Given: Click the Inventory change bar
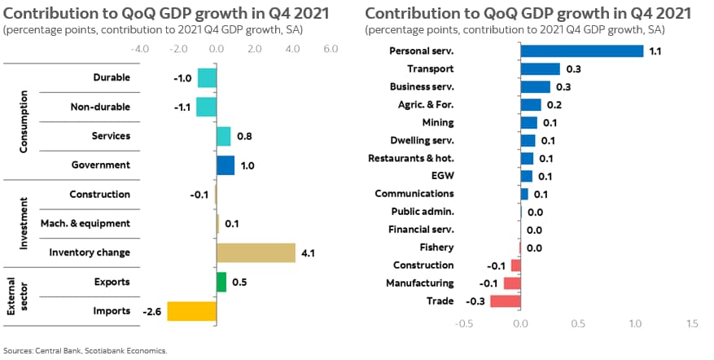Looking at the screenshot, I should point(256,252).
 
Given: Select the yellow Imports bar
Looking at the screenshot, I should point(191,310).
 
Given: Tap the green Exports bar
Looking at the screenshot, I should point(221,282).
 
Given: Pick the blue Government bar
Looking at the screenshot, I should point(226,165).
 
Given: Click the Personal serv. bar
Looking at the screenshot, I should point(581,51).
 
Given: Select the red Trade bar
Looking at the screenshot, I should point(505,301).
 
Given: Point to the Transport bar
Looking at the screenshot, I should point(540,69).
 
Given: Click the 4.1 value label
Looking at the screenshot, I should point(308,253).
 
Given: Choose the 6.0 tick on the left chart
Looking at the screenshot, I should point(330,49).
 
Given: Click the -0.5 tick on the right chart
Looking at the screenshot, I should point(463,323).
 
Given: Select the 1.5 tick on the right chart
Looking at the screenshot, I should point(693,323).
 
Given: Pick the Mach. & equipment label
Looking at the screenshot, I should point(85,223).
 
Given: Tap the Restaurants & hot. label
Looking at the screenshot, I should point(411,158).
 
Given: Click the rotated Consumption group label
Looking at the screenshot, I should point(24,121).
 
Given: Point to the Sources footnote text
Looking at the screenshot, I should point(85,351).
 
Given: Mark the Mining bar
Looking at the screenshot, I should point(529,122).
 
